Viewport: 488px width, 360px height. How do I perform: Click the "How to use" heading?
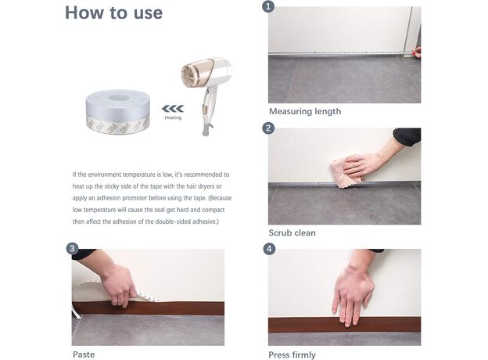pyautogui.click(x=113, y=13)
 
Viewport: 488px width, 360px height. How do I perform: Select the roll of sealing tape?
pyautogui.click(x=117, y=111)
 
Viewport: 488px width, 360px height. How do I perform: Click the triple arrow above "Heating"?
pyautogui.click(x=173, y=109)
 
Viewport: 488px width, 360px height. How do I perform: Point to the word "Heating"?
pyautogui.click(x=173, y=117)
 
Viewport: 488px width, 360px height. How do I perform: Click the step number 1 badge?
pyautogui.click(x=268, y=6)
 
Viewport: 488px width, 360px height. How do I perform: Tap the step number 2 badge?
pyautogui.click(x=268, y=128)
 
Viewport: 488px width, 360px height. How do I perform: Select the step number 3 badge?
pyautogui.click(x=72, y=248)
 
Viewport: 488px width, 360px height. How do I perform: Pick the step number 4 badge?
pyautogui.click(x=269, y=249)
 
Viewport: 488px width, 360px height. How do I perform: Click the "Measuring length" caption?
pyautogui.click(x=305, y=111)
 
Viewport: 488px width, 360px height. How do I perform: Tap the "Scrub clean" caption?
pyautogui.click(x=292, y=233)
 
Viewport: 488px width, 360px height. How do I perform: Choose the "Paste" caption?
pyautogui.click(x=84, y=355)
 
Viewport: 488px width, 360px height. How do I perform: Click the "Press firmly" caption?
pyautogui.click(x=292, y=355)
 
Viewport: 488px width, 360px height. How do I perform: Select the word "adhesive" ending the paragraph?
pyautogui.click(x=205, y=221)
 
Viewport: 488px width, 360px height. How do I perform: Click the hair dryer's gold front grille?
pyautogui.click(x=191, y=75)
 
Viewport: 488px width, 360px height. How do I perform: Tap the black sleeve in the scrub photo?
pyautogui.click(x=407, y=136)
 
